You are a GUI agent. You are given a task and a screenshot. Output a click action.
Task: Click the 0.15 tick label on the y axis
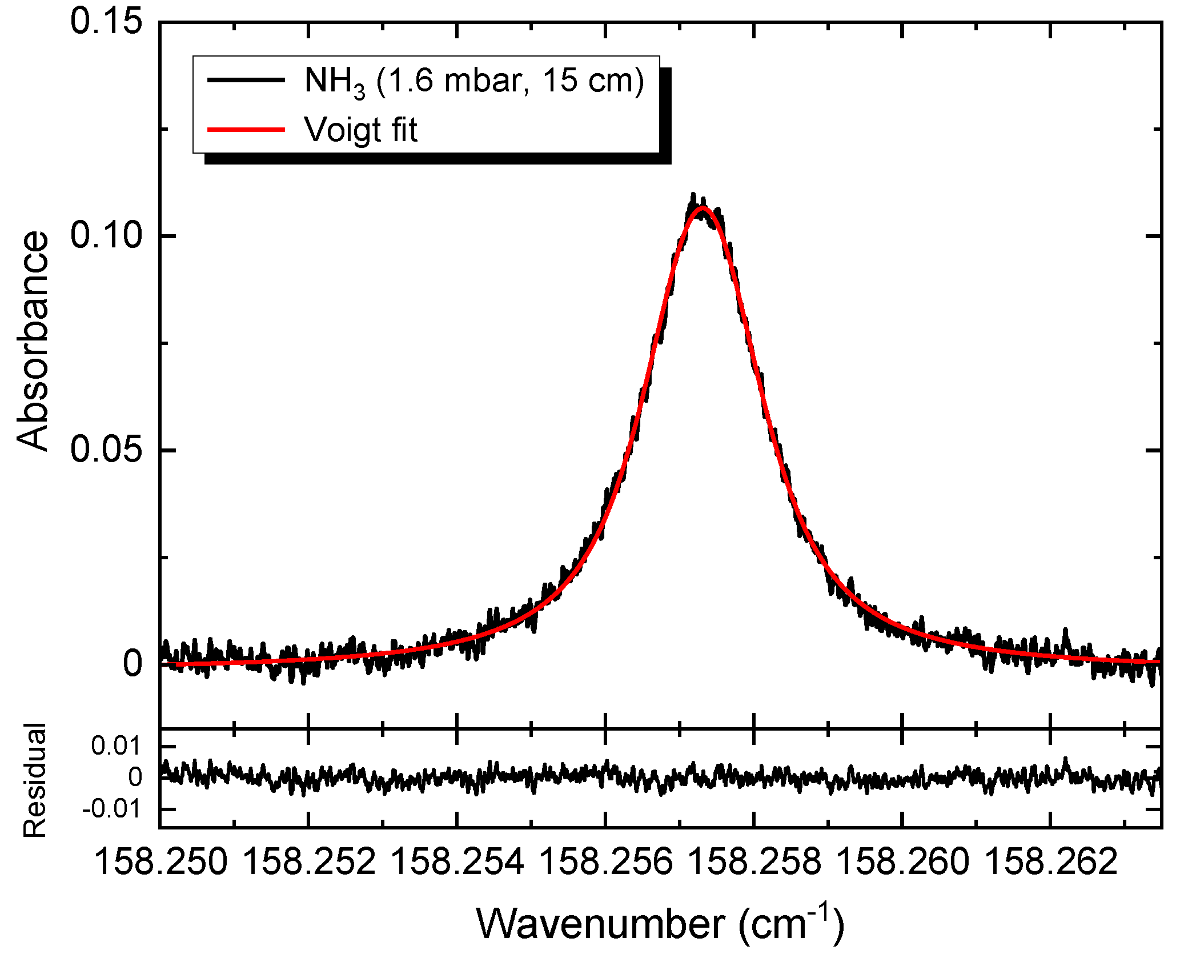coord(106,23)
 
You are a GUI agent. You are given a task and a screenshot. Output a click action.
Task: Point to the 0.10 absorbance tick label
coord(106,236)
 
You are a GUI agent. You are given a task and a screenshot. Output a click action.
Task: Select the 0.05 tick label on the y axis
coord(106,450)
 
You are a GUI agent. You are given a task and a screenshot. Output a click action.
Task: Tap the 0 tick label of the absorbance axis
coord(133,664)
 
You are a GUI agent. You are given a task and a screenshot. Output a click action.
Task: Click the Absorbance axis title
coord(32,341)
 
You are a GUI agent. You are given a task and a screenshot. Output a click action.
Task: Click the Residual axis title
coord(34,780)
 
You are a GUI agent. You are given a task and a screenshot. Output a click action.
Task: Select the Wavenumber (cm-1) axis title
coord(660,924)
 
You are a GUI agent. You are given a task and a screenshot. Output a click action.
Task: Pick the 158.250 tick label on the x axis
coord(160,862)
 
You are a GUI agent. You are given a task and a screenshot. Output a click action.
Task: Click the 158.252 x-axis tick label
coord(309,862)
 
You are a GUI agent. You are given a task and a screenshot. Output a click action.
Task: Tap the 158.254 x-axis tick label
coord(457,862)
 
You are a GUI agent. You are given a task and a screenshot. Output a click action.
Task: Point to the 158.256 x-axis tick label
coord(605,862)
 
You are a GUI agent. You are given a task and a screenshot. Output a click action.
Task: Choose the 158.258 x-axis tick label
coord(754,862)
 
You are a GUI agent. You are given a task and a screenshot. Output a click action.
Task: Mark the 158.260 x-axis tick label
coord(902,862)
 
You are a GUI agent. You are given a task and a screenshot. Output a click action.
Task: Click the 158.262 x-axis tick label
coord(1051,862)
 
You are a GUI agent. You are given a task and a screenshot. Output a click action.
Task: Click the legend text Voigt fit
coord(361,130)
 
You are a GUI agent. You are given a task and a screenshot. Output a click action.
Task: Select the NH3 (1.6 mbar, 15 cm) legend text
coord(474,81)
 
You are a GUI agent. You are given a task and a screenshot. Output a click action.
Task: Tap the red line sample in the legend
coord(246,130)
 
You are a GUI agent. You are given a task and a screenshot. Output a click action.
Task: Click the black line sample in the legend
coord(246,80)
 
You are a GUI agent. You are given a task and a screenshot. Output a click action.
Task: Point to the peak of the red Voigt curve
coord(702,208)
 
